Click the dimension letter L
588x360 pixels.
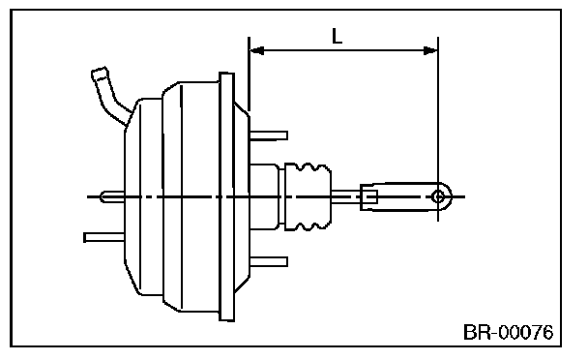[338, 37]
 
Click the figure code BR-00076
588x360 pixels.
[508, 333]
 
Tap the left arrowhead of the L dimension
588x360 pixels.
[256, 50]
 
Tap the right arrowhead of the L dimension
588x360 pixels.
[430, 50]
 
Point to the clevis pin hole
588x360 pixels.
[438, 196]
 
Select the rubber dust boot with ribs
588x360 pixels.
[308, 196]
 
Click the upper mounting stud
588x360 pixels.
[269, 135]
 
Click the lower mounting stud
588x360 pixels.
[269, 261]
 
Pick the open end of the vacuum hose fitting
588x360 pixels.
[99, 73]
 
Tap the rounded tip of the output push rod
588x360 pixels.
[103, 196]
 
